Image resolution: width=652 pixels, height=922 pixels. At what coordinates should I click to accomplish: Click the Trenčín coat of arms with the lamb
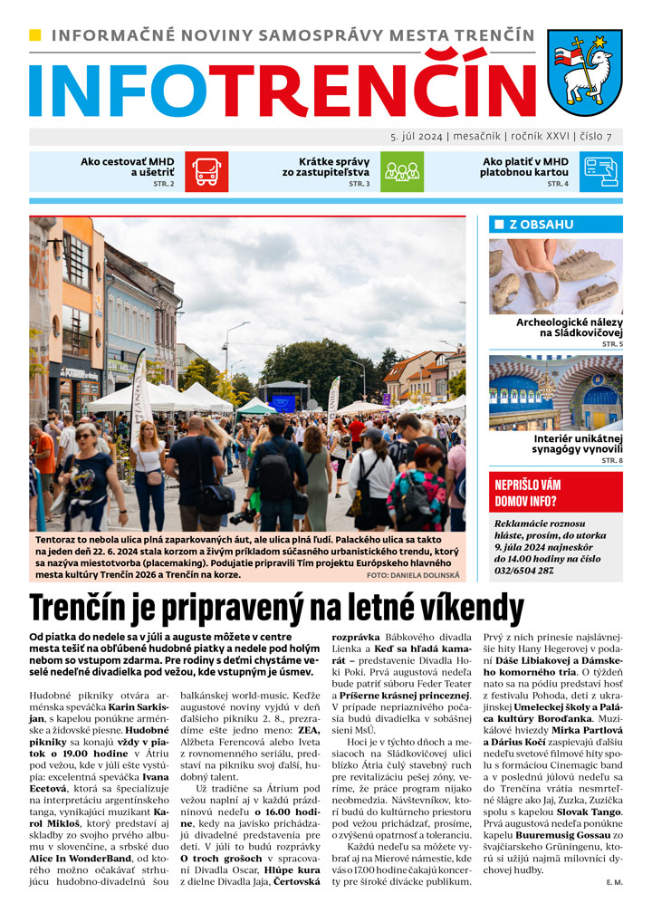tap(585, 72)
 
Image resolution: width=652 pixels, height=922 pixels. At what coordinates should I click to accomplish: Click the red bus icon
tap(206, 171)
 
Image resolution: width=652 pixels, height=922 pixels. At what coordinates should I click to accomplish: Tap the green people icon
tap(400, 171)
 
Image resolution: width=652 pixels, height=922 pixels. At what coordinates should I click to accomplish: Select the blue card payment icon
tap(601, 171)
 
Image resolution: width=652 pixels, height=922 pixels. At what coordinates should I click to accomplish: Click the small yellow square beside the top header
tap(35, 35)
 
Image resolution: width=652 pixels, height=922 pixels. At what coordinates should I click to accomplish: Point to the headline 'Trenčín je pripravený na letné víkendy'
tap(283, 605)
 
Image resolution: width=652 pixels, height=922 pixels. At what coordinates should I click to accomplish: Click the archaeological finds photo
tap(555, 276)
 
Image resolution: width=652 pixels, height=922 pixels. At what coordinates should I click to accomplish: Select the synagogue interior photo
tap(555, 393)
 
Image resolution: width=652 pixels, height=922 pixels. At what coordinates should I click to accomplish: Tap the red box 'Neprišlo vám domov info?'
tap(555, 493)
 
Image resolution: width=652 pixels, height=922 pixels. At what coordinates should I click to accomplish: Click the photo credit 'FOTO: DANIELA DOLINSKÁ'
tap(415, 575)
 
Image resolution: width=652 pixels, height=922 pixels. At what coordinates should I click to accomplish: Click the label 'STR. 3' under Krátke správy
tap(359, 184)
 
